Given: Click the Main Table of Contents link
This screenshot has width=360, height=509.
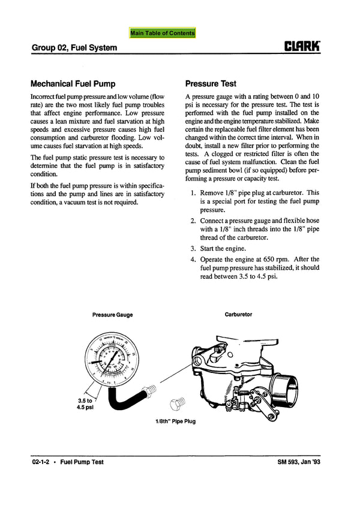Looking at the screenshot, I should coord(163,33).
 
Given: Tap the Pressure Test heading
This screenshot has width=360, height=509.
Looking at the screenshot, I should coord(211,84).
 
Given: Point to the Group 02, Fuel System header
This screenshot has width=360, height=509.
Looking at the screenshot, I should coord(74,47).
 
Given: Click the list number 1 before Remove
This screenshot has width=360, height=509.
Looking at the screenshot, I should coord(193,194).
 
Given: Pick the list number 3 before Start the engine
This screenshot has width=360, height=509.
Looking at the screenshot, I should coord(193,248).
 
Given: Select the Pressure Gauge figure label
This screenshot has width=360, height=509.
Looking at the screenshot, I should coord(113,315).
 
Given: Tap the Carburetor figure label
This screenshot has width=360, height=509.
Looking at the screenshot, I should coord(238,314).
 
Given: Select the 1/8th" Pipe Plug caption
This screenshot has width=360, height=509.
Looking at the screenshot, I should coord(175,421).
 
